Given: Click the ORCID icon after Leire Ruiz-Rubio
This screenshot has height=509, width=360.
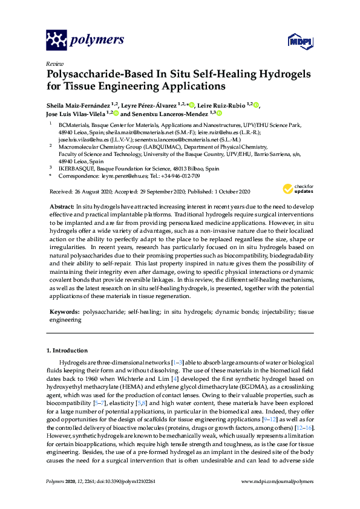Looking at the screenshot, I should pos(257,105).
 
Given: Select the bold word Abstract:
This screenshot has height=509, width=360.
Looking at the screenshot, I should pos(62,206).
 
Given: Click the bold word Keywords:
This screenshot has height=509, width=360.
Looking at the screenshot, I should pos(64,313).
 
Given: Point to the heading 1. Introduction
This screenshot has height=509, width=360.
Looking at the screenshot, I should pos(67,351).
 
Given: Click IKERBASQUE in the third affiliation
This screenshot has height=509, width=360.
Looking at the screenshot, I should pos(77,168).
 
